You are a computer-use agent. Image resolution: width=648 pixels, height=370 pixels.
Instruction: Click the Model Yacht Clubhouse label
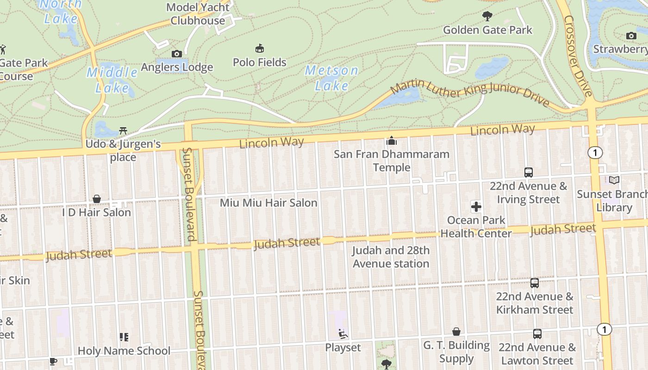coord(198,14)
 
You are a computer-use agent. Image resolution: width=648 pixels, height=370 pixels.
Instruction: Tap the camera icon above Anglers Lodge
coord(176,54)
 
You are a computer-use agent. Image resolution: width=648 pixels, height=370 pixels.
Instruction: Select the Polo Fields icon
coord(260,48)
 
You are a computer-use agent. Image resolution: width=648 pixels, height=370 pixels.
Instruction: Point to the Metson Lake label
coord(331,78)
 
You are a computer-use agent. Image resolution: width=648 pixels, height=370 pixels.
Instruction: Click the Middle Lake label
coord(112,80)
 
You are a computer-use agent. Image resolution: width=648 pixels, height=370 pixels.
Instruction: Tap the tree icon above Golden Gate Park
coord(487,17)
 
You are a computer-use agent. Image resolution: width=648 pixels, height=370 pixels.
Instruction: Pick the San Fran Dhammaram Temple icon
coord(392,140)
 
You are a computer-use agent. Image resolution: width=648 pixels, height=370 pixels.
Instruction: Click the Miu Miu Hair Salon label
coord(268,203)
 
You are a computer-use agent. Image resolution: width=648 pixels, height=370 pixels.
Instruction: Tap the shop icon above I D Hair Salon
coord(97,199)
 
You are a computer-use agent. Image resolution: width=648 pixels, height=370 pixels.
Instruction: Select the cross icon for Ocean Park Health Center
coord(476,206)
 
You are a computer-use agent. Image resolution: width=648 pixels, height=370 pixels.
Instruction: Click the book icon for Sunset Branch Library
coord(614,180)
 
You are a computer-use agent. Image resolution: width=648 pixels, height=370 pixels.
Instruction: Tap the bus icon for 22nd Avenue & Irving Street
coord(529,172)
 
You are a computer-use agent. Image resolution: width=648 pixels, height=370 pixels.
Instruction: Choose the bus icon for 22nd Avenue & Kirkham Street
coord(535,283)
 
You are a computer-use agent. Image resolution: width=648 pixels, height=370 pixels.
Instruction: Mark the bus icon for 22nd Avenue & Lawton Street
coord(537,333)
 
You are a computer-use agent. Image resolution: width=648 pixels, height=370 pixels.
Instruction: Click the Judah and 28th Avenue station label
coord(391,257)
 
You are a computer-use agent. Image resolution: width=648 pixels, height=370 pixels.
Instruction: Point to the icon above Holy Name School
coord(124,337)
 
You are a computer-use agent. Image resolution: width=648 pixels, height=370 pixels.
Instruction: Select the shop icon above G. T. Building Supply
coord(456,332)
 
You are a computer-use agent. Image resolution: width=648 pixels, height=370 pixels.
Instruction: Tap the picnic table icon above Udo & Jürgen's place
coord(123,131)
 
